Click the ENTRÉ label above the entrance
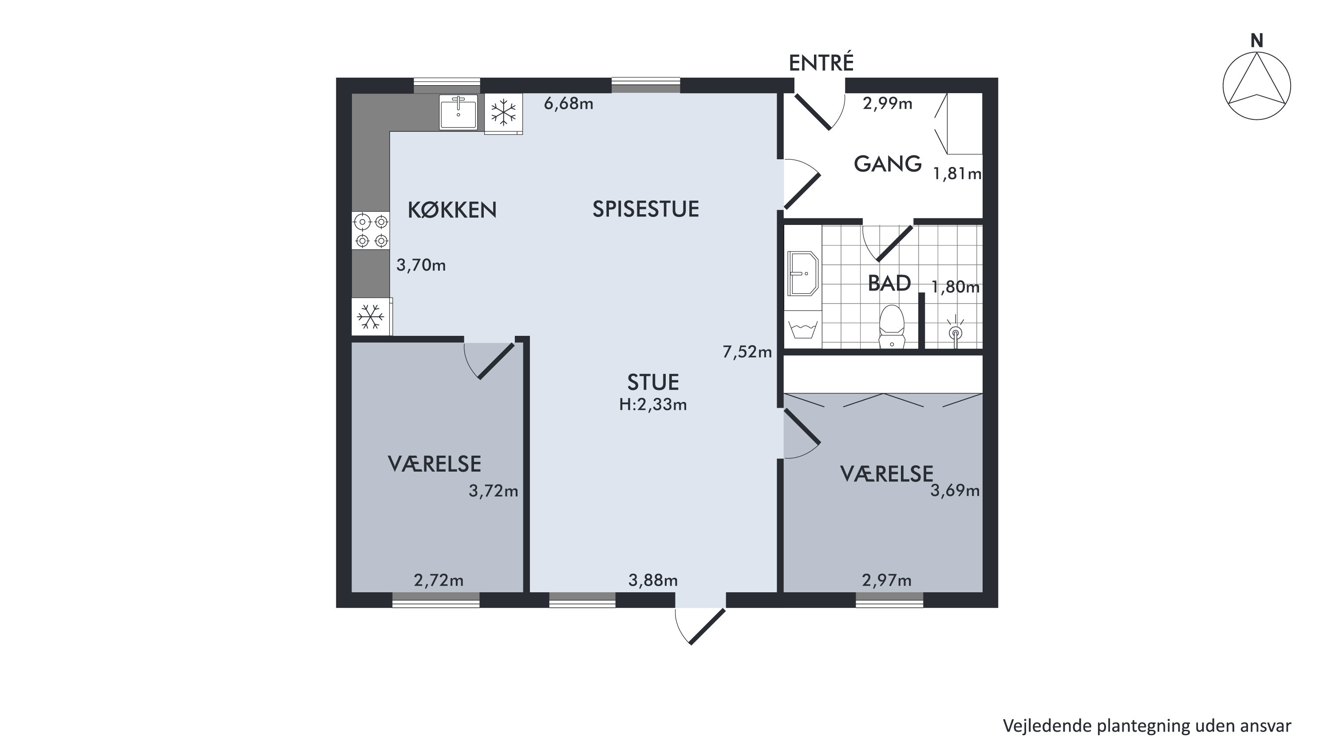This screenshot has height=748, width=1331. point(821,63)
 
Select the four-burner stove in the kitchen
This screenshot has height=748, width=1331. point(371,231)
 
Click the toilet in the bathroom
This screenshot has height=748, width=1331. point(891,327)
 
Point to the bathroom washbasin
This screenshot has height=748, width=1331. point(803,273)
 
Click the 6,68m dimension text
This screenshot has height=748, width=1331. point(569,104)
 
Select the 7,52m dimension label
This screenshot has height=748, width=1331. point(747,352)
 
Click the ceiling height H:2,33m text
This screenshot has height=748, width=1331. point(653,405)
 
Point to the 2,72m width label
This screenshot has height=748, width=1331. point(438,581)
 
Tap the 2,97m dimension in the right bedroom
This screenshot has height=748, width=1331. point(887,581)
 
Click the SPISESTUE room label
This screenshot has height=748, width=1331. point(646,209)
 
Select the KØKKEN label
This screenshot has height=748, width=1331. point(452,210)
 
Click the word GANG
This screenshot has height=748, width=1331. point(888,164)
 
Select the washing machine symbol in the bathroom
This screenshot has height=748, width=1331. point(803,329)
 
